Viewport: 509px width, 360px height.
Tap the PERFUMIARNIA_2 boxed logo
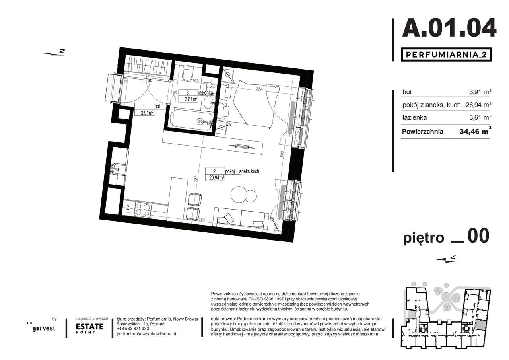(445, 55)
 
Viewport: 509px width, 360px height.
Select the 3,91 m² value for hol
(480, 92)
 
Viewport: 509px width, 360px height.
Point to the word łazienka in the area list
(415, 118)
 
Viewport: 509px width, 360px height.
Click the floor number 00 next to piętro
(478, 237)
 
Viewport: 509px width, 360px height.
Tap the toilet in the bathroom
(187, 76)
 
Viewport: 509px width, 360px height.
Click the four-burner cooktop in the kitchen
(143, 210)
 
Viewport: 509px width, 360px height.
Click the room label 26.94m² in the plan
(215, 178)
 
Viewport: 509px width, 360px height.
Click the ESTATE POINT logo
(89, 327)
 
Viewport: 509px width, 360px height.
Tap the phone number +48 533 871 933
(133, 329)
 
